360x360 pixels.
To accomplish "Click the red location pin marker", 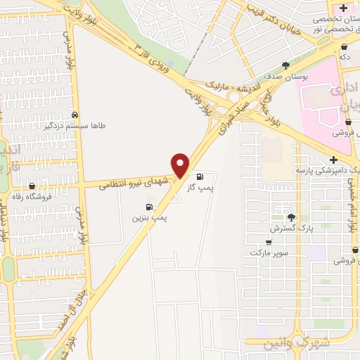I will (181, 165).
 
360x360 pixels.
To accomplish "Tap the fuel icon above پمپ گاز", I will (202, 176).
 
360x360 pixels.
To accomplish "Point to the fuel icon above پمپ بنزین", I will (148, 207).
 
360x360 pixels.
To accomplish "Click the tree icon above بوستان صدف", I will (285, 66).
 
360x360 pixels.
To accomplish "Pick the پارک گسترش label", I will (290, 229).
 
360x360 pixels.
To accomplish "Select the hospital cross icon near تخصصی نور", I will (342, 8).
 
